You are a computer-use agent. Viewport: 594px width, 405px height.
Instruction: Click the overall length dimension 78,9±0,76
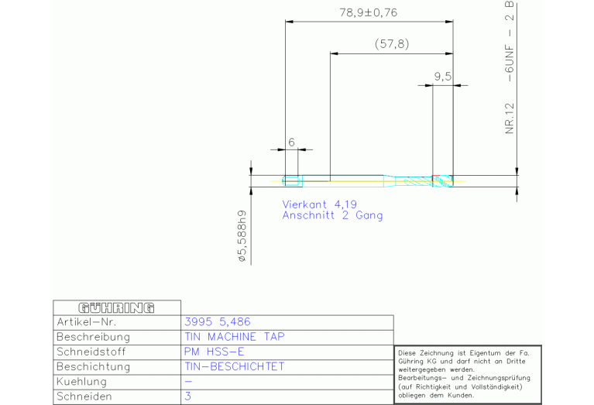pos(368,12)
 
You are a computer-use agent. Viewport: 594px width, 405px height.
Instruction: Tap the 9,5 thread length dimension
pos(442,76)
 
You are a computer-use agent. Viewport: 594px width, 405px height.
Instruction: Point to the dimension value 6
pos(291,142)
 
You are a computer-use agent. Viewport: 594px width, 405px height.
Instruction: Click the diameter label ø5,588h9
pos(242,236)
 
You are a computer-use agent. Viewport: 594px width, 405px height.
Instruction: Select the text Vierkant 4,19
pos(319,204)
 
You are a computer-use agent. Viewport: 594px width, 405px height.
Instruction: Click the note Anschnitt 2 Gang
pos(332,216)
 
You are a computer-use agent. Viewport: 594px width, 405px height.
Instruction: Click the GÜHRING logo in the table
pos(116,307)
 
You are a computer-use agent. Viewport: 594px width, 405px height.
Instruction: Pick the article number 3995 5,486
pos(218,322)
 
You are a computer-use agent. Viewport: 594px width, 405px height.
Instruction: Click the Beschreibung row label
pos(93,337)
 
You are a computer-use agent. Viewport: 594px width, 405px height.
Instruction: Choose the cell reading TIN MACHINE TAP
pos(235,337)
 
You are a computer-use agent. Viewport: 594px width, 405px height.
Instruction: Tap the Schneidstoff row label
pos(93,352)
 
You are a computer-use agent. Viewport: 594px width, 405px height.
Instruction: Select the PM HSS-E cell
pos(214,352)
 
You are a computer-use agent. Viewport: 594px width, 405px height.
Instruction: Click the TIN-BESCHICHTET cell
pos(235,366)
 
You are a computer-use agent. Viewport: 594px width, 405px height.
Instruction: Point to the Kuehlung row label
pos(81,382)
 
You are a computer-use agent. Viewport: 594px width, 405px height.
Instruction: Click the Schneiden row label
pos(84,396)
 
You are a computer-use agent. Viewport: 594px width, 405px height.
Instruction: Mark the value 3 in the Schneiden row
pos(188,396)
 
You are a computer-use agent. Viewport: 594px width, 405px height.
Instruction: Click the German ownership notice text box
pos(468,374)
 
